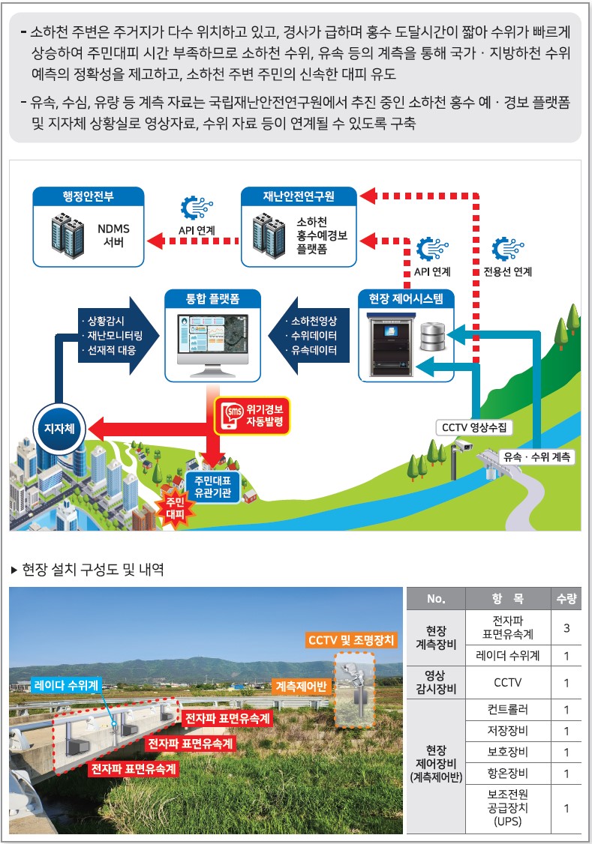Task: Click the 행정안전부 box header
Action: click(88, 197)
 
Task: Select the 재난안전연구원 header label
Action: click(299, 197)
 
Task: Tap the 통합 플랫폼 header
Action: click(212, 299)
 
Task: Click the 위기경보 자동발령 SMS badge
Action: click(252, 416)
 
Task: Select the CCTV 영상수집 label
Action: click(474, 428)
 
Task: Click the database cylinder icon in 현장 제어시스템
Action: click(434, 337)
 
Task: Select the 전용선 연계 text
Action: click(512, 272)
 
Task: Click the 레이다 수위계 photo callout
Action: click(66, 684)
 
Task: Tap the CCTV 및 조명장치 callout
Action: click(350, 640)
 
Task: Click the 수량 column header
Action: click(566, 598)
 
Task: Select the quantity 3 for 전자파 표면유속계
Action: click(566, 628)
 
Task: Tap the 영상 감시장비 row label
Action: click(436, 682)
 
